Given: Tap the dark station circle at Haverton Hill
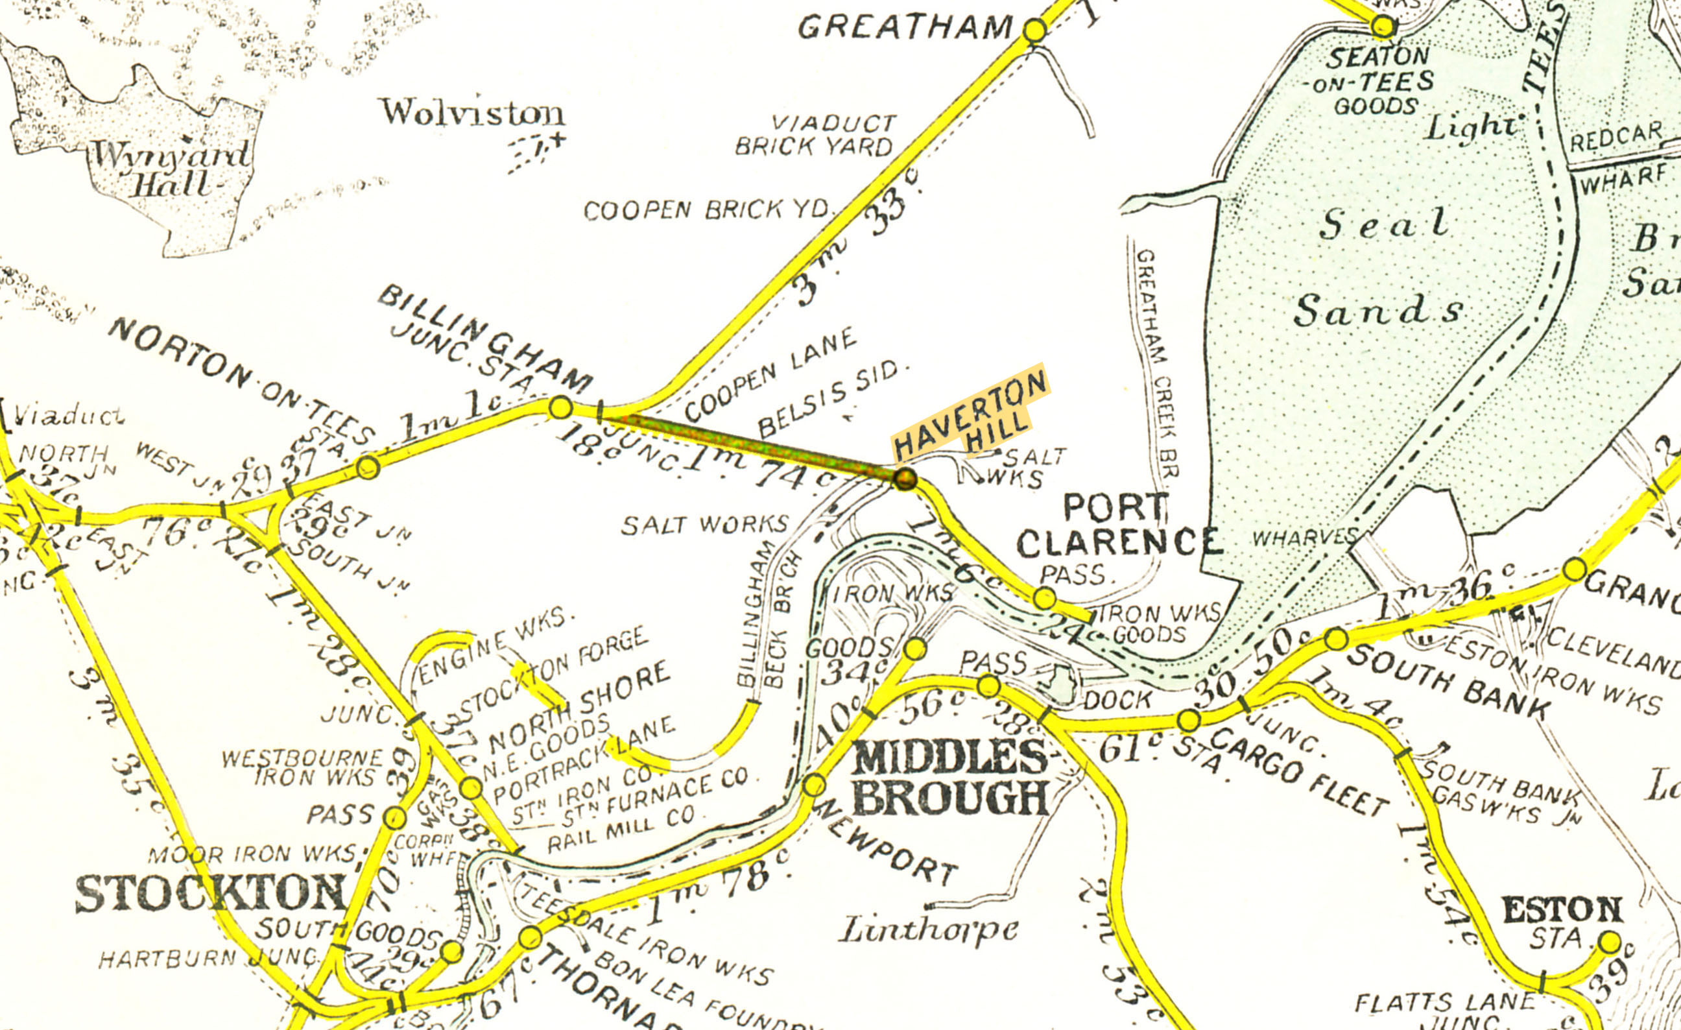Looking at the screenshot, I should (905, 479).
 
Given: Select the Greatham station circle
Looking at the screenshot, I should (1034, 30).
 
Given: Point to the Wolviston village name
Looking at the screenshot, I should (472, 114).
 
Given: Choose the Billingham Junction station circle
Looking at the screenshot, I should (560, 407).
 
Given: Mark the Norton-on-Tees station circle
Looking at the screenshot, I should (368, 467).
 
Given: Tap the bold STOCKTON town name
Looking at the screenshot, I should (210, 894).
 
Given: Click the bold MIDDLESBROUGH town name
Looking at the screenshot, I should (949, 778).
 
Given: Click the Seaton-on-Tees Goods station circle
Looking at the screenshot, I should (1383, 27).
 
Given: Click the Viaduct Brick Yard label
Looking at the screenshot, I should (815, 135).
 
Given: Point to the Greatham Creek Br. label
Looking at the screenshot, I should (1157, 361).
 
